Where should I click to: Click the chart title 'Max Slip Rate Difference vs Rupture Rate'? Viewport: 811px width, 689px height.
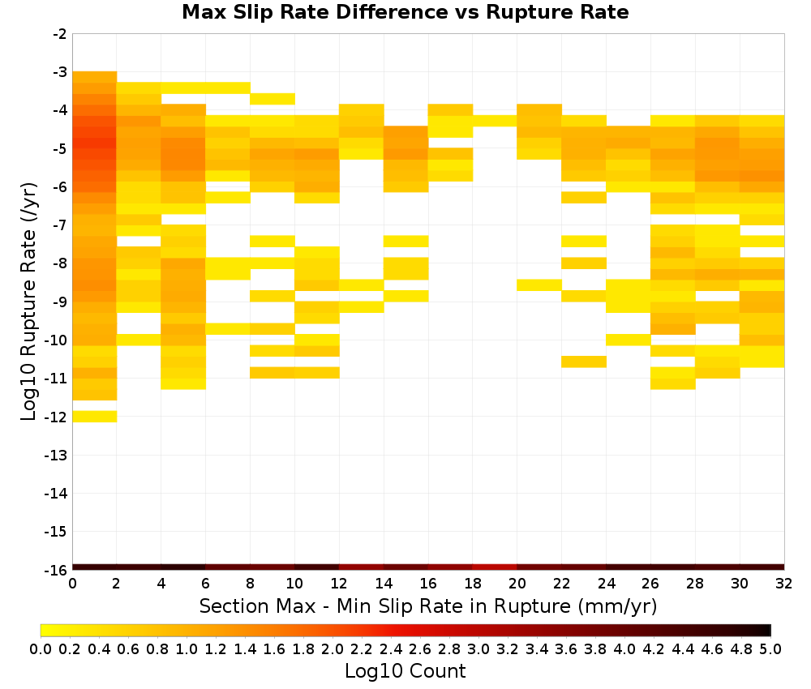coord(405,12)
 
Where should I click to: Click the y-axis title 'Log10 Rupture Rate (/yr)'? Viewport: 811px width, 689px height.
coord(28,302)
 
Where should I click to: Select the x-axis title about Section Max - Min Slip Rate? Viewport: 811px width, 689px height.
coord(428,606)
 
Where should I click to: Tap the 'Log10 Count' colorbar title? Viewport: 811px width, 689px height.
coord(405,671)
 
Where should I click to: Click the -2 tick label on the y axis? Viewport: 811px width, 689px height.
coord(60,34)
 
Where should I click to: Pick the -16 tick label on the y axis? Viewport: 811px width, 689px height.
coord(56,570)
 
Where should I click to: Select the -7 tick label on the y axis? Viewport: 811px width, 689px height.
coord(60,225)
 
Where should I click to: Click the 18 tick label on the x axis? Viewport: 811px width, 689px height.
coord(473,584)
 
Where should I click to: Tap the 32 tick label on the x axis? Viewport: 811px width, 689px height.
coord(784,584)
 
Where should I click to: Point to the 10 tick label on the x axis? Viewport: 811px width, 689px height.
coord(295,584)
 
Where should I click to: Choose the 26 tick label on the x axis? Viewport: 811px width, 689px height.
coord(650,584)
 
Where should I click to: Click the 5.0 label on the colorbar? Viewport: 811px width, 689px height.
coord(770,648)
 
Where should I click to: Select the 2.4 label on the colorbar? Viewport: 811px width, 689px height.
coord(391,648)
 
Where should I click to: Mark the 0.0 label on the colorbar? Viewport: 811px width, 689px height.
coord(41,648)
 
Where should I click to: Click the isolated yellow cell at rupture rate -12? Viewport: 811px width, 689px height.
coord(95,416)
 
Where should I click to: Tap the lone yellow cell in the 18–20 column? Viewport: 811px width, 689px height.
coord(495,121)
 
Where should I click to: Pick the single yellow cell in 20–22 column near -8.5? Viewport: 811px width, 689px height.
coord(539,285)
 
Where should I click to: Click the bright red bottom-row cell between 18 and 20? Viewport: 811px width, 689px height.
coord(495,567)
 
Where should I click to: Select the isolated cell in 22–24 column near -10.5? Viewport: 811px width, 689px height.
coord(584,362)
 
